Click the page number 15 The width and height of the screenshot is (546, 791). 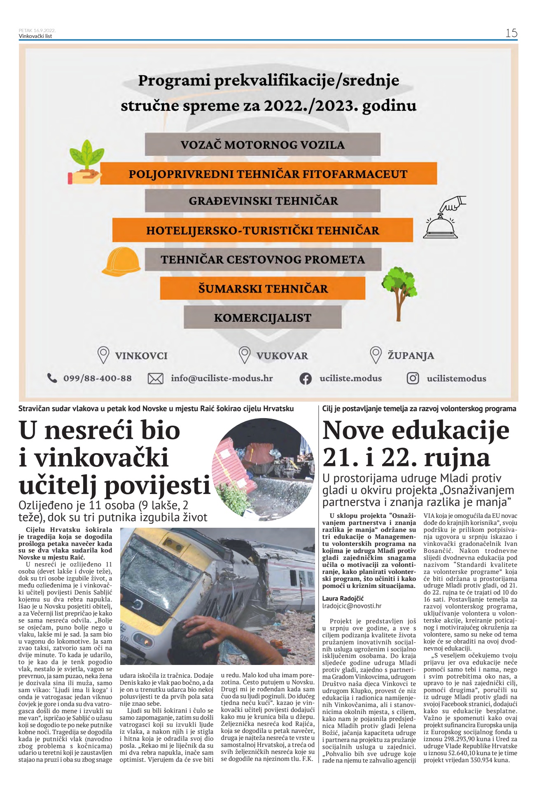point(511,33)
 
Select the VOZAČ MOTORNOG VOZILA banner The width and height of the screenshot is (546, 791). point(262,145)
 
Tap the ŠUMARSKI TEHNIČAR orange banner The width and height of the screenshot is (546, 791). point(263,288)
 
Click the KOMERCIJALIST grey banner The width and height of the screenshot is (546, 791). point(262,318)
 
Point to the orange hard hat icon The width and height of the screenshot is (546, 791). point(121,261)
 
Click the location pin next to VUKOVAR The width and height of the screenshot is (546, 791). point(245,355)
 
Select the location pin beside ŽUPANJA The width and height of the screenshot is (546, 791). point(376,355)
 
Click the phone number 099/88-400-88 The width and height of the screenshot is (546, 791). point(97,378)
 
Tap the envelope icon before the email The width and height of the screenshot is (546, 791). point(155,378)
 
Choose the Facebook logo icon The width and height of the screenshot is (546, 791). point(305,379)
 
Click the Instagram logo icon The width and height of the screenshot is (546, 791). point(413,378)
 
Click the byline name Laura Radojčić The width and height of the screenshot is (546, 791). point(343,598)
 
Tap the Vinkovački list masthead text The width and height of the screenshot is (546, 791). point(35,36)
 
